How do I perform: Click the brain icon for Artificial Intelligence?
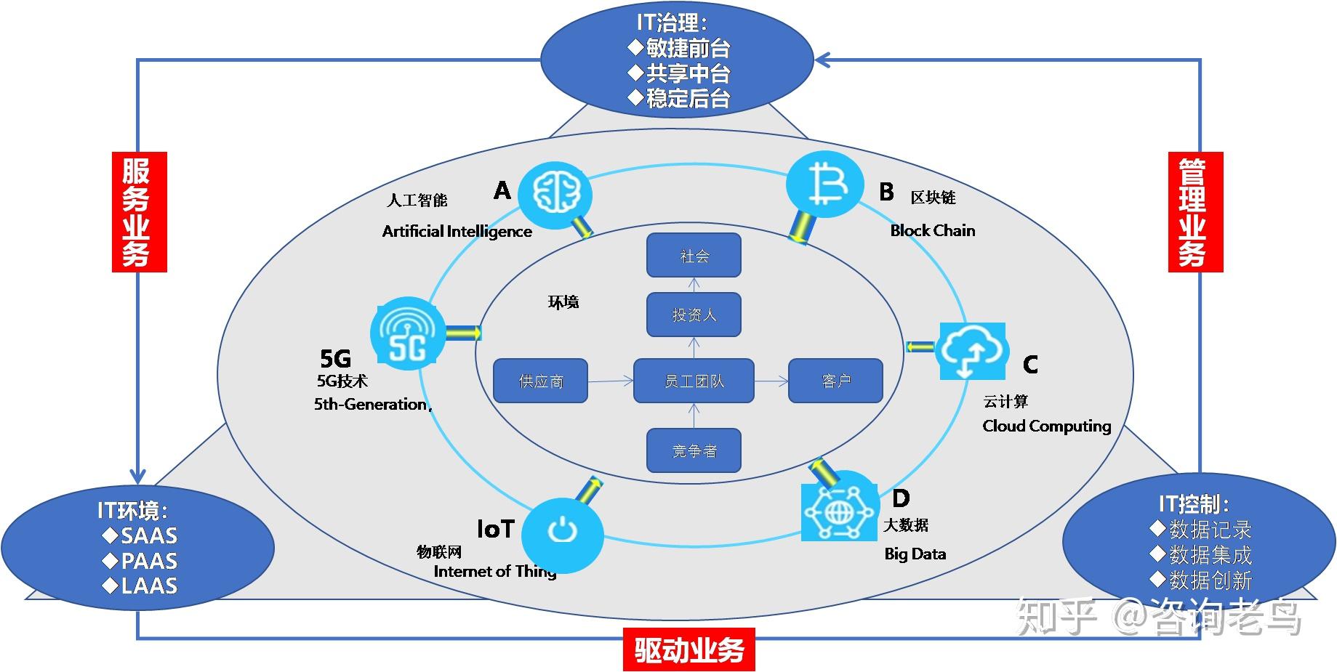point(555,194)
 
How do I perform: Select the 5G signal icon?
point(407,333)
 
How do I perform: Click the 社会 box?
point(694,255)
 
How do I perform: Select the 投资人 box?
point(694,315)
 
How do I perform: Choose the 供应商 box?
point(540,381)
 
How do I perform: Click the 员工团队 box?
point(694,381)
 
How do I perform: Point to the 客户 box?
point(835,381)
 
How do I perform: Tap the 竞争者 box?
point(694,450)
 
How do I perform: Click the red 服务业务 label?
point(139,212)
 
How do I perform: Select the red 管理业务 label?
point(1195,212)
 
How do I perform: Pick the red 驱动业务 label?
point(688,649)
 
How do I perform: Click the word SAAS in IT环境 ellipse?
point(148,536)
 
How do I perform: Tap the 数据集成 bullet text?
point(1210,555)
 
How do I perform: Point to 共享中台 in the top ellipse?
point(688,73)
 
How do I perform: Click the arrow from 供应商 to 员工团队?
point(610,381)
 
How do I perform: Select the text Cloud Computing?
point(1046,426)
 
